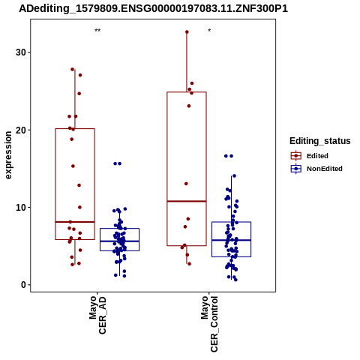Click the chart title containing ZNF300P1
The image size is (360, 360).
click(153, 8)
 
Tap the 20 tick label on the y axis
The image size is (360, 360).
click(21, 130)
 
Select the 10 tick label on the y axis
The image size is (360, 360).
click(21, 207)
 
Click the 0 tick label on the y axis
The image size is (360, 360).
click(24, 285)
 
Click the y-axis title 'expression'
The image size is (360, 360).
click(8, 155)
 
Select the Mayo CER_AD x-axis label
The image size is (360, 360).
click(97, 315)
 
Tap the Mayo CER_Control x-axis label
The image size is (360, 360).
click(209, 324)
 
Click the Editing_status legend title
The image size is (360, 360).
click(320, 141)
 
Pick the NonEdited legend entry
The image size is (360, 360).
click(316, 169)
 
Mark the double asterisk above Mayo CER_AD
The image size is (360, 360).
click(97, 31)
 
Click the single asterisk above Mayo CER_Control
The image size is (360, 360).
click(209, 31)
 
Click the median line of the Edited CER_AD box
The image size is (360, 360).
click(75, 222)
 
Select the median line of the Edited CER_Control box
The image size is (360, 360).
click(187, 201)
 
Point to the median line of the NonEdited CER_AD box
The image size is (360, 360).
click(119, 241)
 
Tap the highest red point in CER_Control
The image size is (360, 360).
click(187, 32)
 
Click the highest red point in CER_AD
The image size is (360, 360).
click(73, 69)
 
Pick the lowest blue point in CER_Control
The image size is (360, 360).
click(235, 280)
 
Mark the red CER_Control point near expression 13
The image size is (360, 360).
click(186, 184)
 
